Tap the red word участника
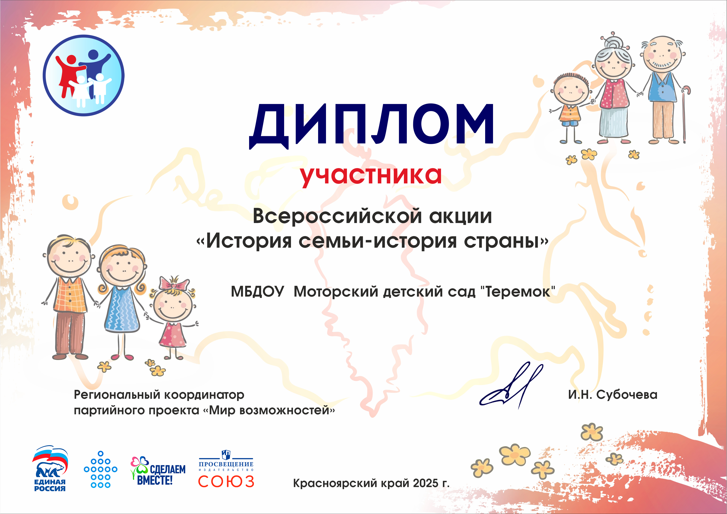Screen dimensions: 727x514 click(x=371, y=176)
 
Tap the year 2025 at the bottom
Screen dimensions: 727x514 click(x=426, y=483)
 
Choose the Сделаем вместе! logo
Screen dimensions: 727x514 click(x=158, y=471)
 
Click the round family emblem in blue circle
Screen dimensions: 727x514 click(x=84, y=75)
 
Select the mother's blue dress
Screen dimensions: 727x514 click(x=122, y=310)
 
